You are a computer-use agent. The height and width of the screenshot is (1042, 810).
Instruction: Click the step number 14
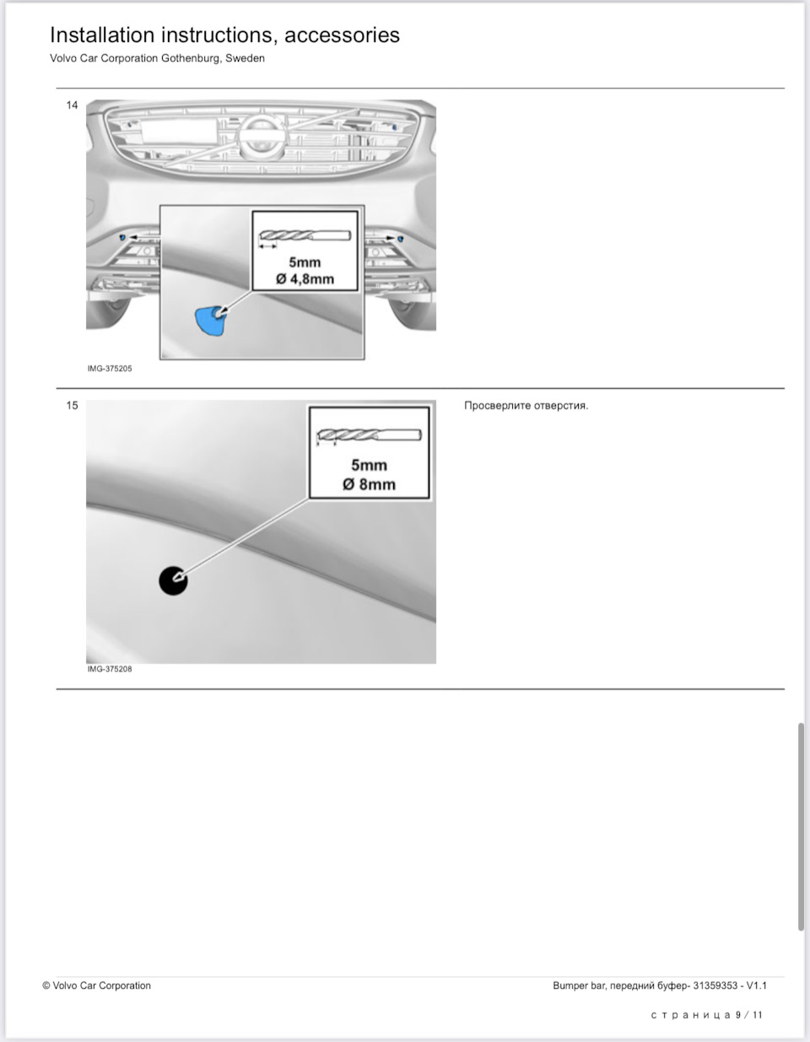(x=72, y=105)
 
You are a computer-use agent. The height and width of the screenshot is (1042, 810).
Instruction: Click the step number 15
(x=72, y=406)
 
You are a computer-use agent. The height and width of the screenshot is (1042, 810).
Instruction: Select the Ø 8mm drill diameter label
(x=369, y=484)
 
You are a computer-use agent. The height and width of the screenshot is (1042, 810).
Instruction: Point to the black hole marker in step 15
(x=173, y=580)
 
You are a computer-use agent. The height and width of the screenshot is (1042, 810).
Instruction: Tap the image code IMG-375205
(x=110, y=369)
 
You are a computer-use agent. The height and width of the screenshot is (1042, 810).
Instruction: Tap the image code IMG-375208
(x=110, y=669)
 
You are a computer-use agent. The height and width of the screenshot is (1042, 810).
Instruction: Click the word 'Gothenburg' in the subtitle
(x=191, y=59)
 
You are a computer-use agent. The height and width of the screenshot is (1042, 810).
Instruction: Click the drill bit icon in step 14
(x=305, y=235)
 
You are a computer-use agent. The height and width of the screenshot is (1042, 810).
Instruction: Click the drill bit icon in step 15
(x=368, y=436)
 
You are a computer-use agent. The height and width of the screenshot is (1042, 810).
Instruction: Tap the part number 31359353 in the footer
(x=715, y=985)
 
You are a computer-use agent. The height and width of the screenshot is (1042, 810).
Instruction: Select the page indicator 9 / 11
(x=749, y=1015)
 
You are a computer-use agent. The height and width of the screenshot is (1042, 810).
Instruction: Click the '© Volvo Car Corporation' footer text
(x=97, y=985)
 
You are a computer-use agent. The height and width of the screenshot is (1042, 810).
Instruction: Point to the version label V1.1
(x=756, y=985)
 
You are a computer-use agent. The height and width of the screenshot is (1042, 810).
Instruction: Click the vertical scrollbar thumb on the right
(x=801, y=827)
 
